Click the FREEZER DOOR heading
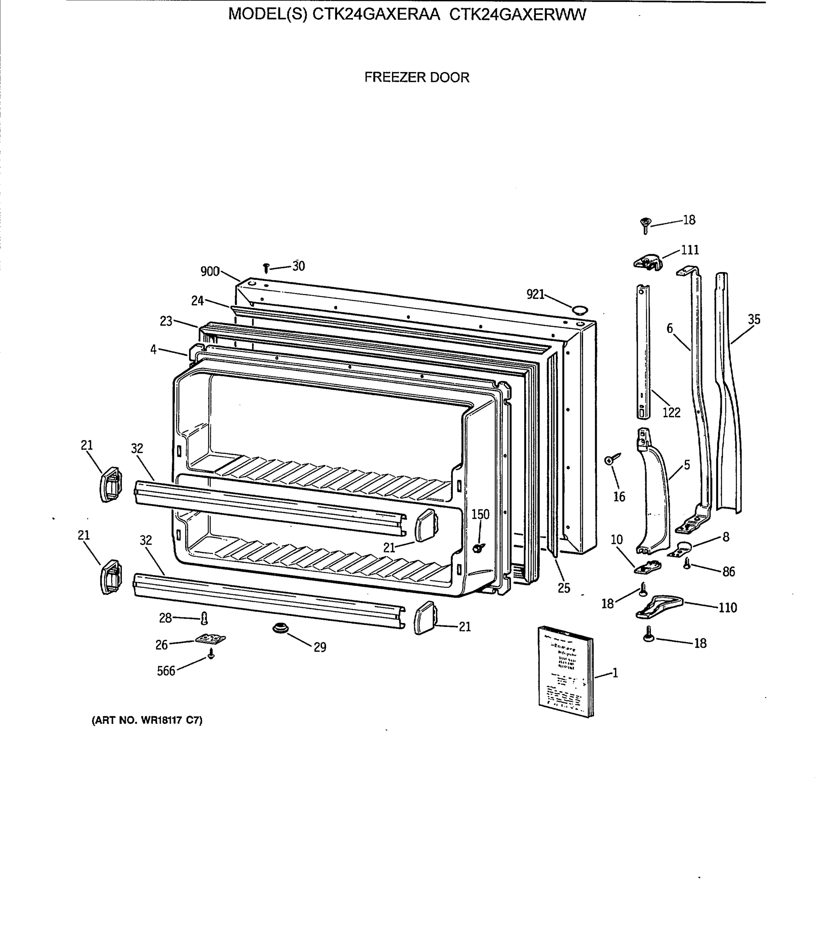416,78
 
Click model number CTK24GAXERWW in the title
517,15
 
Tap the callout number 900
210,272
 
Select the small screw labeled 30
266,268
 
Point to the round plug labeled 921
580,311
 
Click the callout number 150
480,514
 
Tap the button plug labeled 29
280,628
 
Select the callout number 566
166,671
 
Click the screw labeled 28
204,618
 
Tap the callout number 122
671,412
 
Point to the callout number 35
754,320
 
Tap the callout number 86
728,572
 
